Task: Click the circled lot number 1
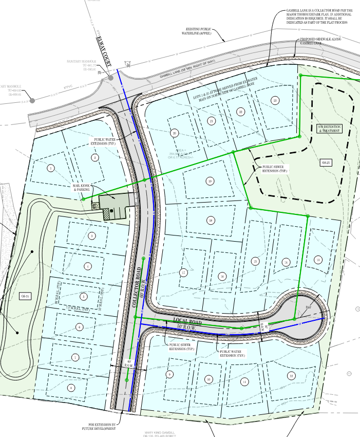point(51,168)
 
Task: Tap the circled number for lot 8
point(70,388)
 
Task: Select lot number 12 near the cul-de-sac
point(291,376)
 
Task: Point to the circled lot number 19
point(210,180)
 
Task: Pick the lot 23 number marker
point(275,100)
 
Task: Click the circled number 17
point(182,272)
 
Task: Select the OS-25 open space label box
point(324,162)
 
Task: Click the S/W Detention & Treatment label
point(329,129)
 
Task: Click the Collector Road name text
point(137,287)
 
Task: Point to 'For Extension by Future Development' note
point(98,426)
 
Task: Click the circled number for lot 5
point(84,297)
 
